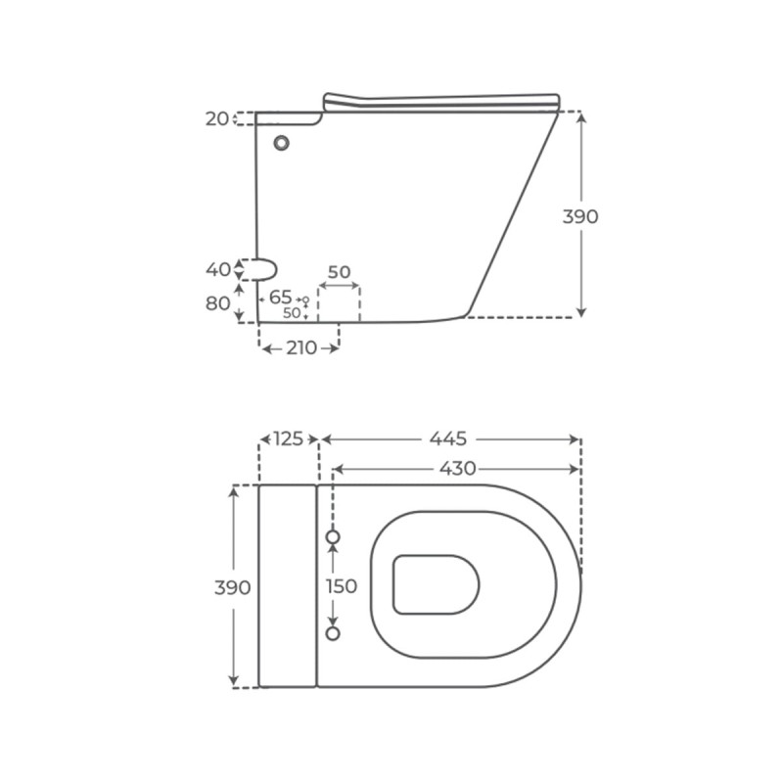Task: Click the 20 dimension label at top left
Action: tap(216, 118)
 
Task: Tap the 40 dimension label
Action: tap(218, 270)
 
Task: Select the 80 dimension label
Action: tap(217, 303)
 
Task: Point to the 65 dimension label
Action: tap(280, 298)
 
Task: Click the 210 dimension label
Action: tap(301, 348)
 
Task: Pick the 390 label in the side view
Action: tap(580, 216)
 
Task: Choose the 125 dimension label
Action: tap(289, 438)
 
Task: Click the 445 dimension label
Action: tap(448, 438)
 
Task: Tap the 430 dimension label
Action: tap(457, 469)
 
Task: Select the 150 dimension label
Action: tap(342, 586)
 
